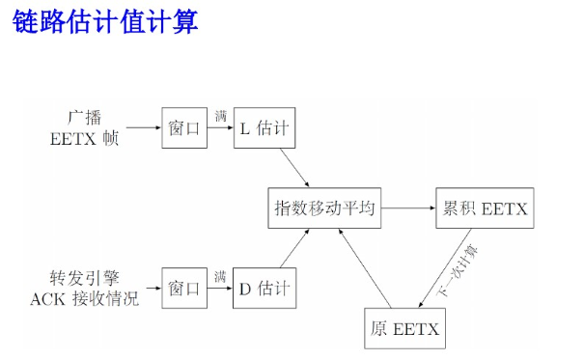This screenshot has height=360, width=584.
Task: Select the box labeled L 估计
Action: (x=262, y=127)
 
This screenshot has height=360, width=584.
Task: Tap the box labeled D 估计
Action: (x=262, y=288)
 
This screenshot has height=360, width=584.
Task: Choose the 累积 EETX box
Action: (x=482, y=208)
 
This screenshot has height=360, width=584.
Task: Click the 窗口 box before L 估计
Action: (x=184, y=127)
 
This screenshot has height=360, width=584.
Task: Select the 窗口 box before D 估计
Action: (x=184, y=288)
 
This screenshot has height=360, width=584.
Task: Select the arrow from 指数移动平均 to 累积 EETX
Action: (x=406, y=208)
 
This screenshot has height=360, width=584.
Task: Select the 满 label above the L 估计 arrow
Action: (x=220, y=116)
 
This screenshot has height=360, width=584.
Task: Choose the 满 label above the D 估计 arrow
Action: (x=220, y=276)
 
